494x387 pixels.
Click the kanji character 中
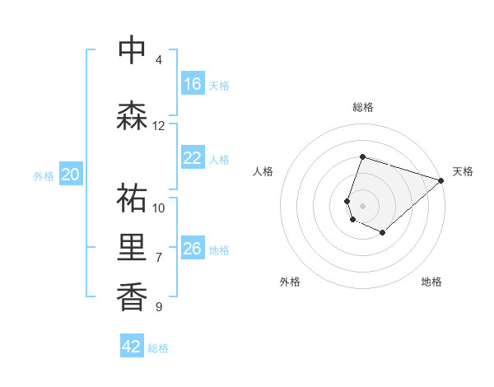coord(132,51)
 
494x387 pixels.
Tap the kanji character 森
coord(132,116)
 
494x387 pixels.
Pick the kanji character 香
coord(132,296)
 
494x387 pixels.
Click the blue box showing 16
coord(193,84)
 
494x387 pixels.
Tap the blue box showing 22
coord(193,159)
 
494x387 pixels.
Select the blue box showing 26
coord(193,249)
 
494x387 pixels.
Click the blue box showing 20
coord(71,175)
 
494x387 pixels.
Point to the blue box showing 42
coord(132,347)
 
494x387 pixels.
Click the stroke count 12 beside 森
coord(159,126)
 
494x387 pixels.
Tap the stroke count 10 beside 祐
coord(159,207)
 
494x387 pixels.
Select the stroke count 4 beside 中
coord(159,60)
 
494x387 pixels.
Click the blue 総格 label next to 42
coord(158,348)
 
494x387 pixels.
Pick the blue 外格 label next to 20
coord(44,175)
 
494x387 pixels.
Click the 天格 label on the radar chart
coord(463,171)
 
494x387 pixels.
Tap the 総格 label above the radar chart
coord(362,107)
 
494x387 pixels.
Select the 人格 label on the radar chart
coord(263,171)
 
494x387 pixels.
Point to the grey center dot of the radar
coord(362,205)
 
